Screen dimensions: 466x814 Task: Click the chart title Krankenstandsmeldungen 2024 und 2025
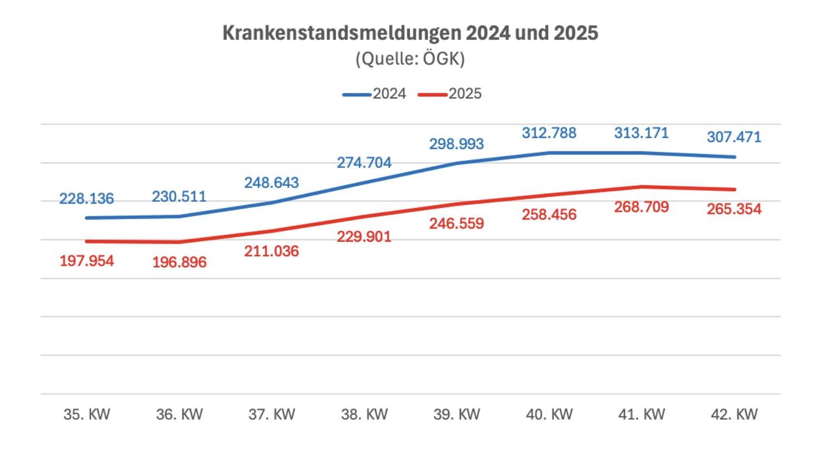(410, 33)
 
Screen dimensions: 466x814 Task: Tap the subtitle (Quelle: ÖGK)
(410, 58)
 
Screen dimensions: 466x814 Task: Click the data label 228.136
(86, 198)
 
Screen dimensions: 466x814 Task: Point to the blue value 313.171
(641, 133)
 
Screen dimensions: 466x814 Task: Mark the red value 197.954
(86, 260)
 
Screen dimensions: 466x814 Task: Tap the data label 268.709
(641, 207)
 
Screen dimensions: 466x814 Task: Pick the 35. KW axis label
(87, 414)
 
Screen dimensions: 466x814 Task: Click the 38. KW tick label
(364, 414)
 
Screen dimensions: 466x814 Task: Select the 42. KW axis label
(734, 414)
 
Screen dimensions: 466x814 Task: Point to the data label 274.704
(364, 163)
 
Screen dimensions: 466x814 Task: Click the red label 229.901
(364, 237)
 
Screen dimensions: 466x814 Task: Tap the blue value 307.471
(733, 137)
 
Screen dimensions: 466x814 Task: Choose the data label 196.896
(179, 262)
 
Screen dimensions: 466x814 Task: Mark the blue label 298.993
(456, 144)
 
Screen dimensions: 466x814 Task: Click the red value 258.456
(549, 215)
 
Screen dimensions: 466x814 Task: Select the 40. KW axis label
(549, 414)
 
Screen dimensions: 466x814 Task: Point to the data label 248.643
(271, 182)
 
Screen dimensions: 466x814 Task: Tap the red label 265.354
(733, 210)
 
